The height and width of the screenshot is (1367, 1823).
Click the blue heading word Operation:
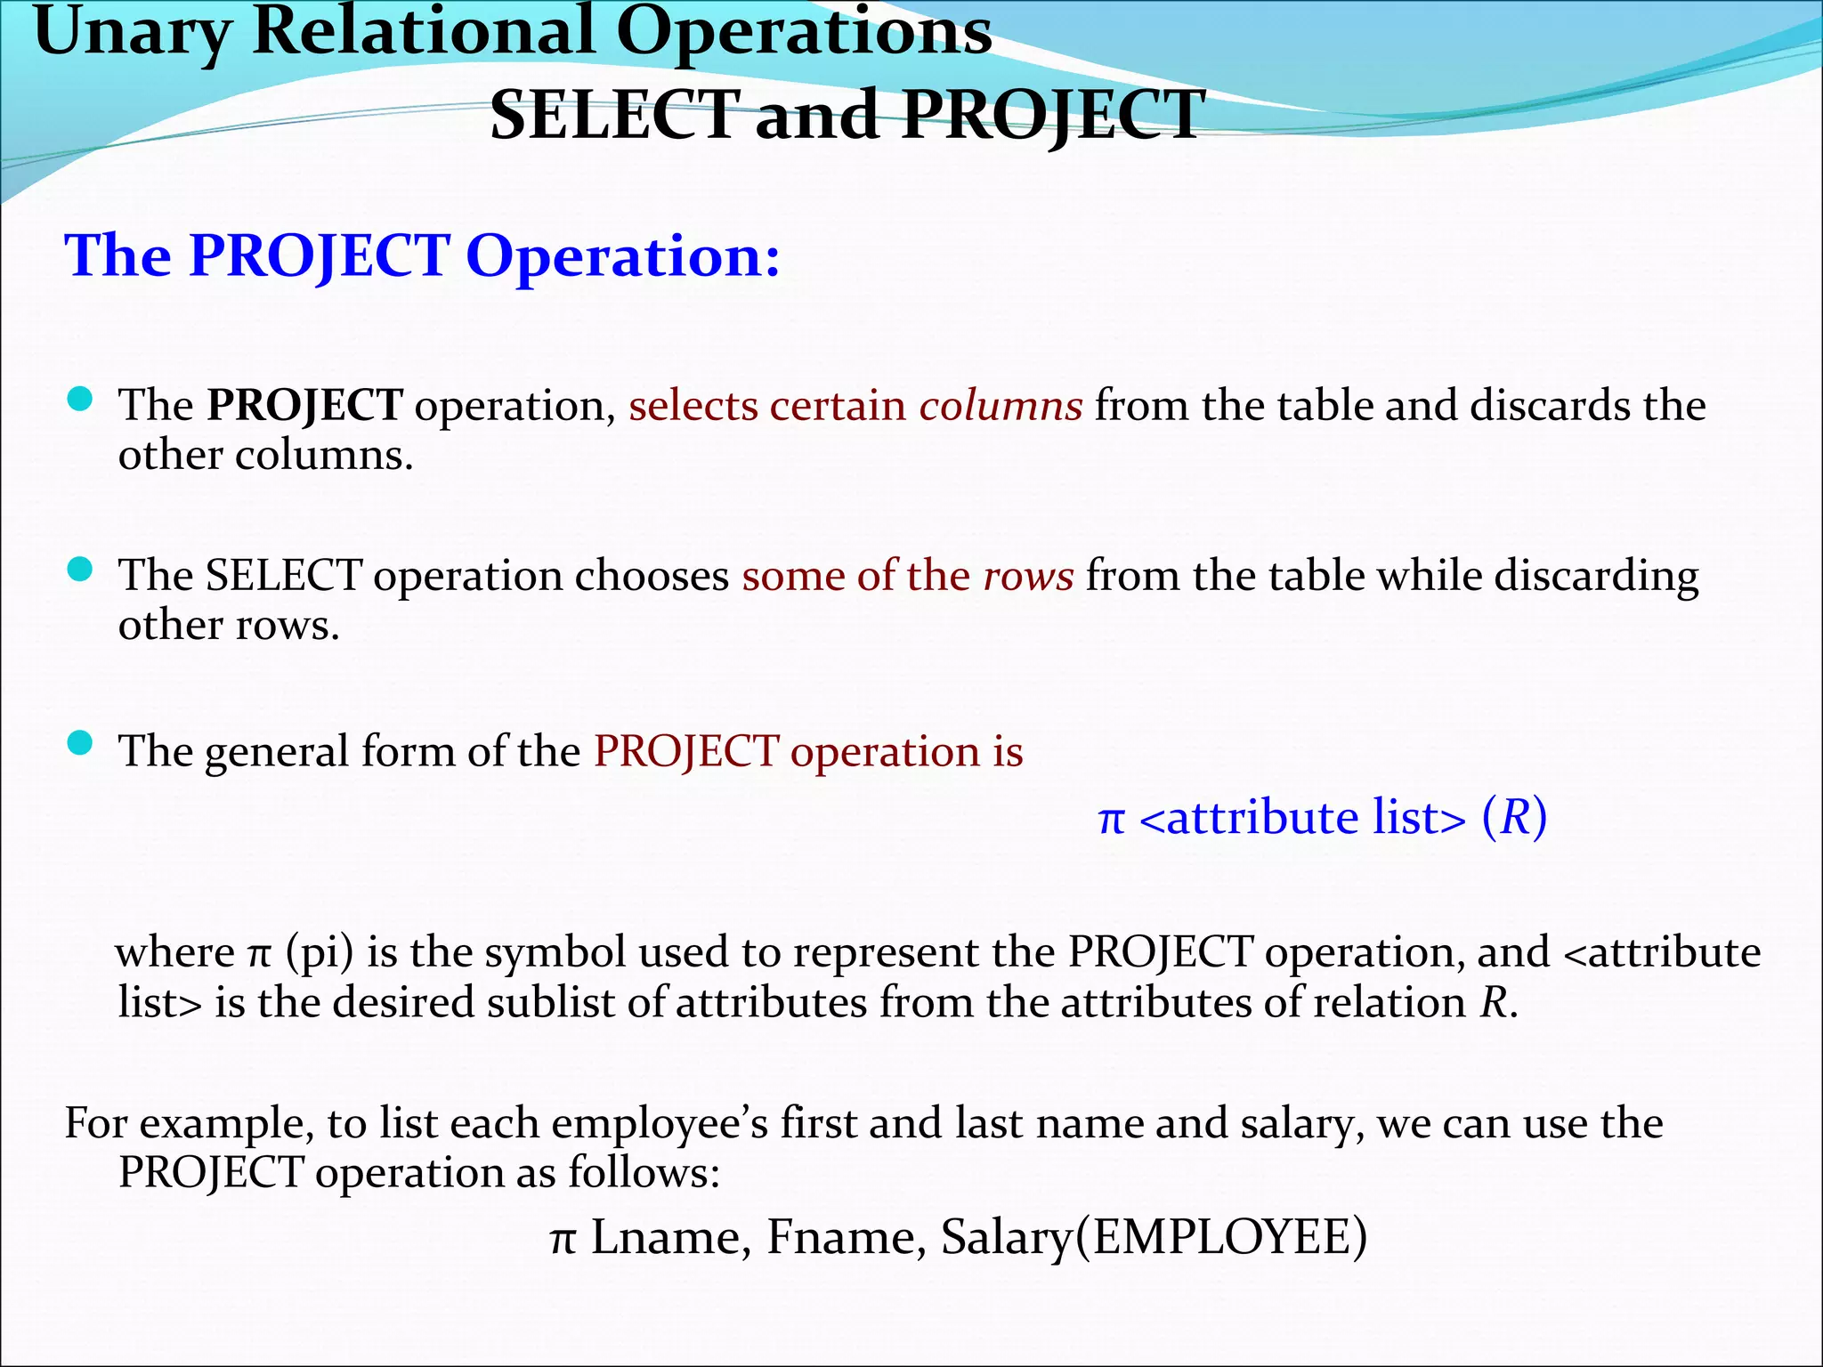tap(622, 256)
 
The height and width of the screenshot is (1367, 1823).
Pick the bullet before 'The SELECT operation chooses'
tap(80, 570)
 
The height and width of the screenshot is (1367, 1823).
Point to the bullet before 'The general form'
tap(80, 742)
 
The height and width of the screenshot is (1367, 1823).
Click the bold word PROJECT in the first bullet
tap(304, 406)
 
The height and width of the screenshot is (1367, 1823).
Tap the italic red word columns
tap(1001, 406)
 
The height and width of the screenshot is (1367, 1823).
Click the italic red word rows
tap(1028, 576)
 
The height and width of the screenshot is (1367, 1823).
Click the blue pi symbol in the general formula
tap(1111, 819)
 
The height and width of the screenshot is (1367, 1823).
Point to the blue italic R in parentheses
tap(1514, 817)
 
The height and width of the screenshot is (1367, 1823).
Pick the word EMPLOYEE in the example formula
tap(1220, 1238)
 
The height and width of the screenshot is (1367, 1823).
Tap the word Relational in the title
tap(423, 32)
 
